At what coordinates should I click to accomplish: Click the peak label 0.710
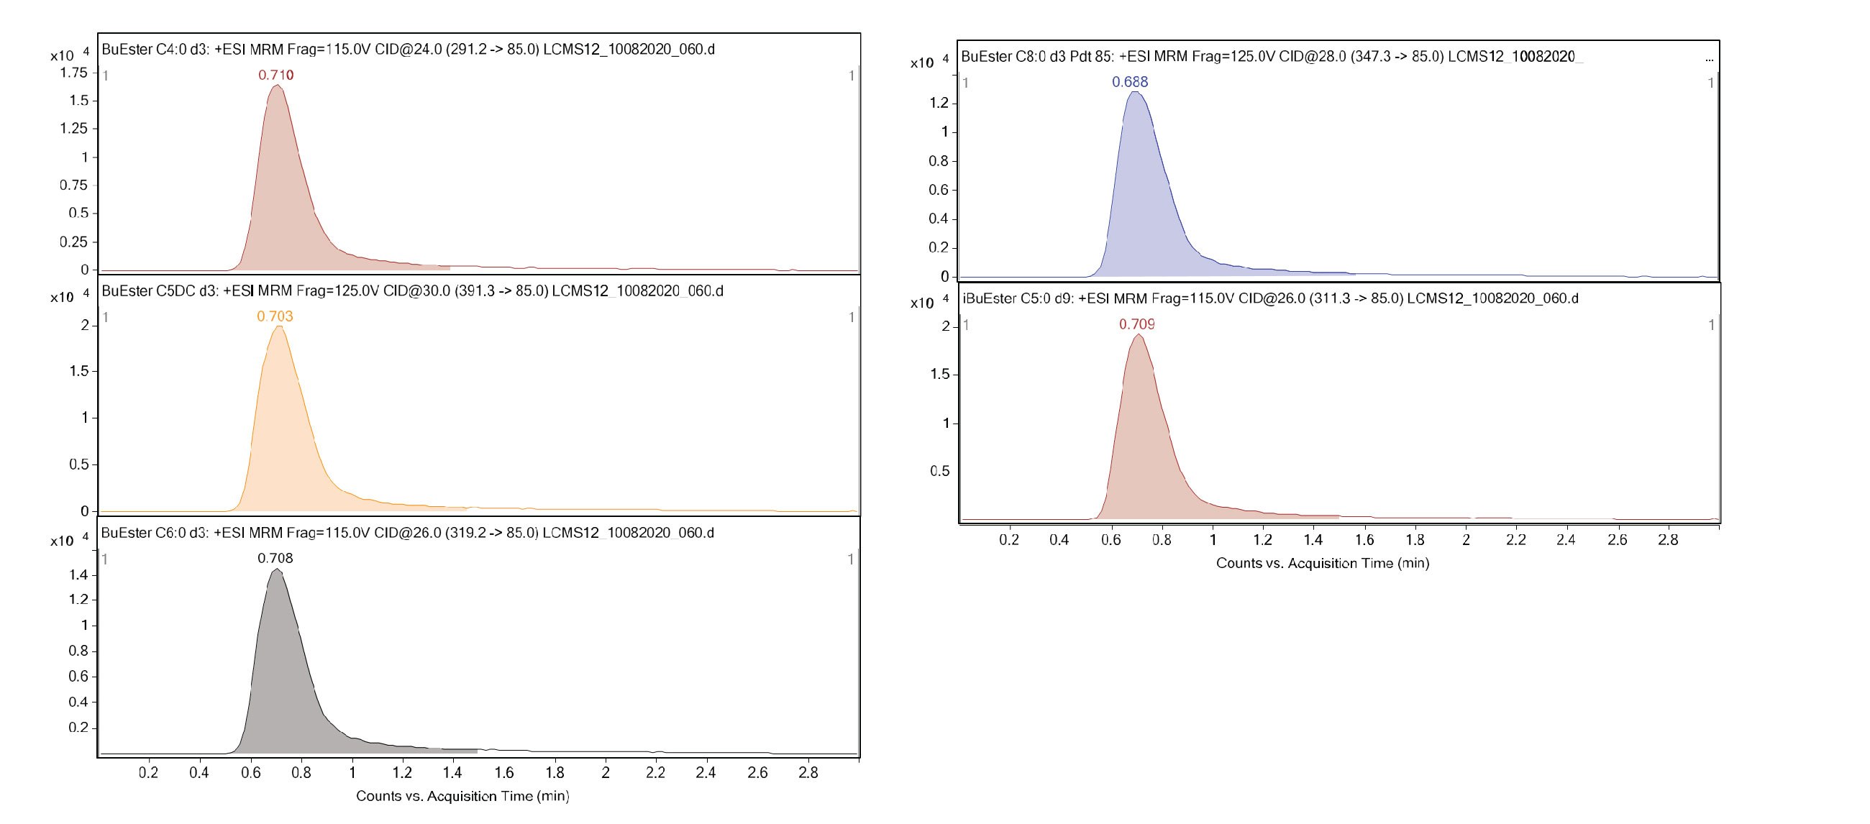tap(276, 75)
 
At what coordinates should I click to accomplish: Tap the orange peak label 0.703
tap(275, 316)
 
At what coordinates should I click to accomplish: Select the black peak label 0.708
tap(275, 558)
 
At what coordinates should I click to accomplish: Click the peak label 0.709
tap(1137, 324)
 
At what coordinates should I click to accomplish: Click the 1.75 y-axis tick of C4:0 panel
tap(73, 73)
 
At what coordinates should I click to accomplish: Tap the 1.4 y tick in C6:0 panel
tap(78, 575)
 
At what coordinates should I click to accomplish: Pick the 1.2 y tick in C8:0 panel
tap(939, 103)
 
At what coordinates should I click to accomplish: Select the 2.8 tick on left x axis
tap(808, 772)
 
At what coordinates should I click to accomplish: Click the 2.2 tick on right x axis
tap(1515, 539)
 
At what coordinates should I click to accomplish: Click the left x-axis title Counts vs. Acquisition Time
tap(462, 796)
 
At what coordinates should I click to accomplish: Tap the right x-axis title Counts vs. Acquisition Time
tap(1323, 563)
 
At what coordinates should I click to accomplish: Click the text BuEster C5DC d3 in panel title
tap(160, 291)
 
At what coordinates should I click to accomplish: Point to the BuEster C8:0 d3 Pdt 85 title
tap(1037, 57)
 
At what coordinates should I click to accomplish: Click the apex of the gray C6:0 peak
tap(277, 569)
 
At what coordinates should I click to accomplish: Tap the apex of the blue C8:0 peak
tap(1136, 91)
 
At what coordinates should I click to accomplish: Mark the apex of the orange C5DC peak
tap(278, 326)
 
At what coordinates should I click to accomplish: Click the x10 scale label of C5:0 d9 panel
tap(922, 303)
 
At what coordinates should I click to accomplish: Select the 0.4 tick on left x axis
tap(199, 772)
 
